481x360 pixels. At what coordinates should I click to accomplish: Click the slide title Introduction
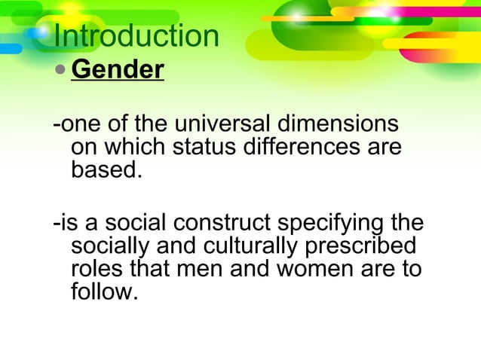pyautogui.click(x=136, y=37)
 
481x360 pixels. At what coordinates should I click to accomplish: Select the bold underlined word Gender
pyautogui.click(x=117, y=70)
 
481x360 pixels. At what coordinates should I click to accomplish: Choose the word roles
pyautogui.click(x=97, y=270)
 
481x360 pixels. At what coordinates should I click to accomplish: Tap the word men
pyautogui.click(x=198, y=270)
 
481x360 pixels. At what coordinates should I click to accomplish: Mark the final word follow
pyautogui.click(x=103, y=292)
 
